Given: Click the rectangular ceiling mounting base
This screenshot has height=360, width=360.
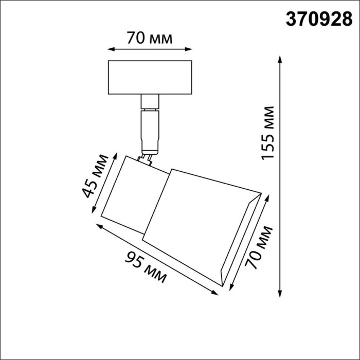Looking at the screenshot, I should coord(150,77).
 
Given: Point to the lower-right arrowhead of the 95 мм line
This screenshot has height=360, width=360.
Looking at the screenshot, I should coord(215,293).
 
